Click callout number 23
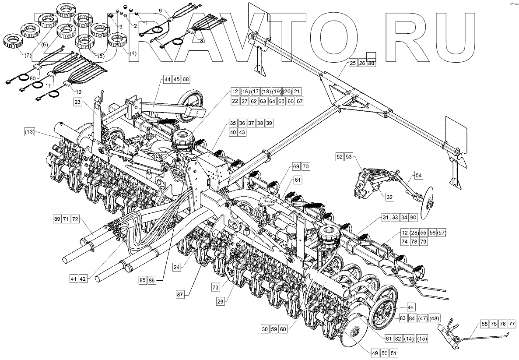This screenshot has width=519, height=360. tap(77, 102)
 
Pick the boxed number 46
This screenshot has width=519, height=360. tap(411, 307)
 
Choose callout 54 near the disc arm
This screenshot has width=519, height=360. tap(419, 175)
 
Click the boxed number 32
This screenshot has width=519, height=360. tap(389, 198)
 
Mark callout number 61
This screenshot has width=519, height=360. tap(298, 180)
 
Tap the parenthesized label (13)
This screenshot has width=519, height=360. tap(30, 131)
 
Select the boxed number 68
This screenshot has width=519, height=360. tap(186, 79)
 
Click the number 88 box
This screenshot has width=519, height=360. tap(372, 63)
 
